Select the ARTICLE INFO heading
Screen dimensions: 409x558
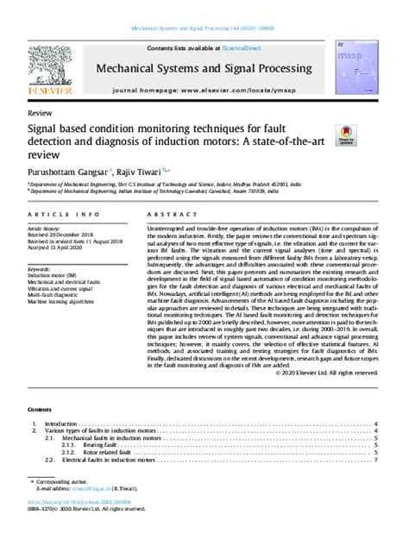click(x=55, y=212)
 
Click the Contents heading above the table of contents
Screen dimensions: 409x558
click(x=40, y=411)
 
